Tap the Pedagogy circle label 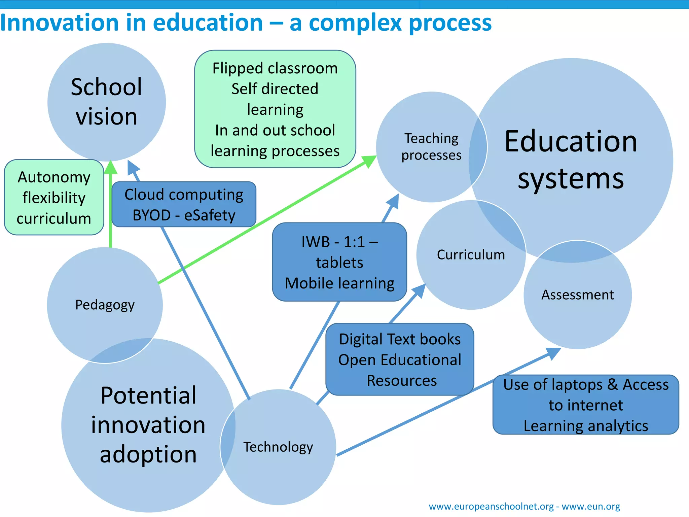click(x=105, y=305)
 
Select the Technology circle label click(x=278, y=447)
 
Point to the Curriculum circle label click(x=471, y=255)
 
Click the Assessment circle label click(x=577, y=295)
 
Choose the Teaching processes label click(x=431, y=147)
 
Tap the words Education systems click(x=571, y=160)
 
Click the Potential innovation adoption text click(x=148, y=425)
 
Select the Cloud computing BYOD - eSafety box click(x=184, y=205)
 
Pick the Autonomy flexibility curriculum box click(x=54, y=198)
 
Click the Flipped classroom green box click(x=275, y=109)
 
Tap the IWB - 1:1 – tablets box click(x=339, y=262)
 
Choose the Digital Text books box click(x=400, y=359)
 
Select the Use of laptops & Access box click(x=586, y=405)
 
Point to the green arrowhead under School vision click(x=110, y=167)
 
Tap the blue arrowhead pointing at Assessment click(x=552, y=353)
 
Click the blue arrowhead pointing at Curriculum click(x=419, y=290)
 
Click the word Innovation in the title click(x=59, y=23)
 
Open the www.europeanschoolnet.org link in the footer click(x=491, y=506)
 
